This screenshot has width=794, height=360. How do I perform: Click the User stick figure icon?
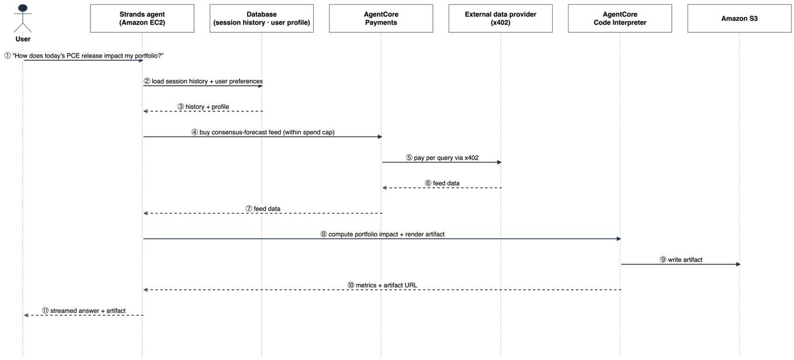(22, 18)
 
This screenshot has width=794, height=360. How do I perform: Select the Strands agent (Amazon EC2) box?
(142, 18)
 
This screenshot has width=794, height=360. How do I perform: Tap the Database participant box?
(261, 18)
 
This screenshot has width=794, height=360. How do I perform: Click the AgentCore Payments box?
(381, 18)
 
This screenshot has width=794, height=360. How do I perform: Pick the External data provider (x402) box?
(500, 18)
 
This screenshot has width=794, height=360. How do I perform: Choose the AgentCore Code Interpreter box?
(620, 18)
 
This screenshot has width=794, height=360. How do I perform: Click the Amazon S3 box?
(739, 18)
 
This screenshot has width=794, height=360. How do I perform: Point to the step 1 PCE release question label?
(84, 56)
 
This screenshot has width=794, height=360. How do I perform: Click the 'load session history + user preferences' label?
(203, 81)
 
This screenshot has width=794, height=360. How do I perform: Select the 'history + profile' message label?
(203, 107)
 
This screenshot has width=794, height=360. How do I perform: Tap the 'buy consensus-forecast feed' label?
(263, 132)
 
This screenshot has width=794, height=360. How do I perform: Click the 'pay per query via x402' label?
(442, 158)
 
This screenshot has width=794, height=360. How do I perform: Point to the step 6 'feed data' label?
(442, 183)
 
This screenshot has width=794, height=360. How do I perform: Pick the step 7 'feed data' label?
(263, 209)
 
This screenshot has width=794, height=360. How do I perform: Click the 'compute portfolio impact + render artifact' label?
(382, 234)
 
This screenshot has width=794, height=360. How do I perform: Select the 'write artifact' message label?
(681, 260)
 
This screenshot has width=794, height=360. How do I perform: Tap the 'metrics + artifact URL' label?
(382, 286)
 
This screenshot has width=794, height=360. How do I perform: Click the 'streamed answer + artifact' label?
(84, 311)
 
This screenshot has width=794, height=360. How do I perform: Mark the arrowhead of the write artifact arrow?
(738, 264)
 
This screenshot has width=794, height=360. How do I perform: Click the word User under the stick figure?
(22, 39)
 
